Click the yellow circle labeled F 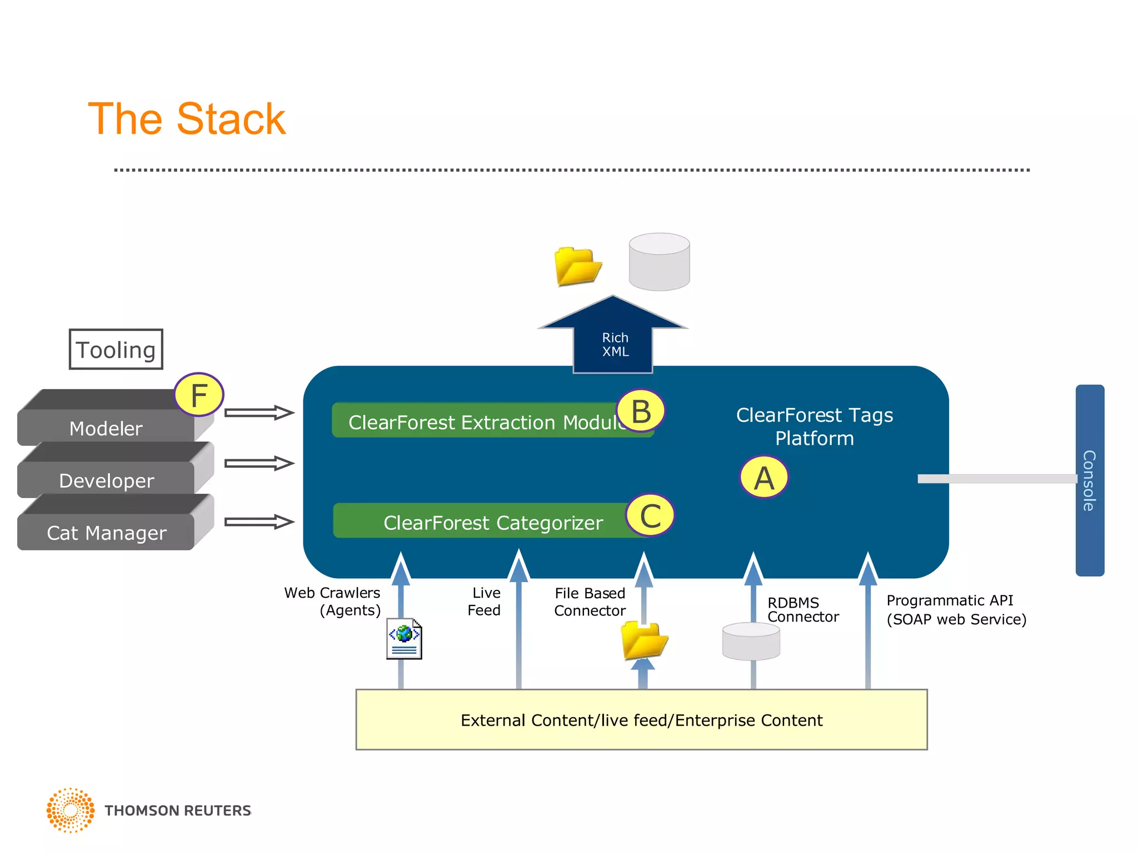[x=199, y=395]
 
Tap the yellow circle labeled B [x=641, y=411]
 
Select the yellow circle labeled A [x=764, y=478]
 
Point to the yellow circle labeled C [x=650, y=515]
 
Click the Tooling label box [x=116, y=349]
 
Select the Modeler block [x=106, y=428]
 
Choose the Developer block [x=106, y=480]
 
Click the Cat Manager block [x=106, y=532]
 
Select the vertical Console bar [x=1090, y=480]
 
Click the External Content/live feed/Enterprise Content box [x=641, y=719]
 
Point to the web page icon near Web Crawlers [x=404, y=639]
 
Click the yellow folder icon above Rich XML [x=577, y=266]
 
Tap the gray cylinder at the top [x=659, y=262]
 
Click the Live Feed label [x=485, y=601]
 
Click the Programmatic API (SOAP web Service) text [x=956, y=609]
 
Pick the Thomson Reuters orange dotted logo [x=71, y=810]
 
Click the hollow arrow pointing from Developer [x=259, y=463]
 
